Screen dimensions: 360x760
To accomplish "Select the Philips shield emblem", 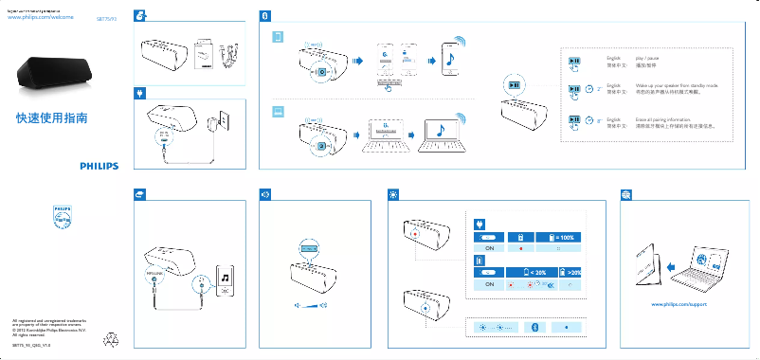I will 61,218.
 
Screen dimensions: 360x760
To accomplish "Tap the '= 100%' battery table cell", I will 557,237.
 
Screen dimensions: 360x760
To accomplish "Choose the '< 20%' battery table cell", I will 534,272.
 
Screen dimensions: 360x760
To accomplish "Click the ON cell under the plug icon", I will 491,250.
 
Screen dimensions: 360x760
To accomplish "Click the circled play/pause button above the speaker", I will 513,85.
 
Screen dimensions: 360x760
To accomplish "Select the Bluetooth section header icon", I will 266,16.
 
